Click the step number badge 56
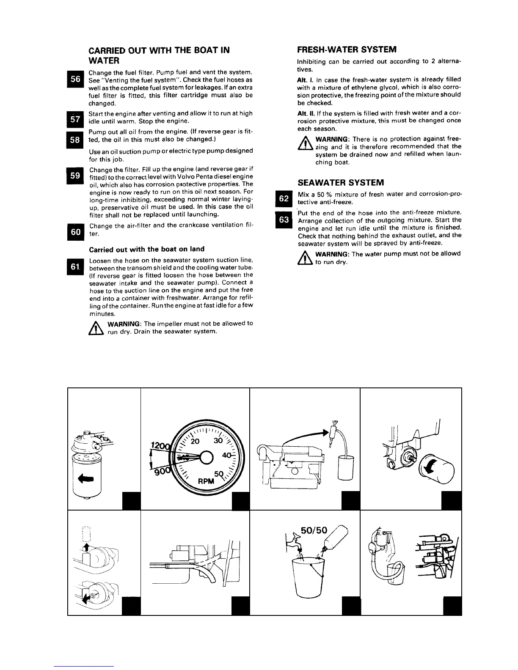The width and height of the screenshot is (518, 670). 75,80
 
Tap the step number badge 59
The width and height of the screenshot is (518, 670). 75,176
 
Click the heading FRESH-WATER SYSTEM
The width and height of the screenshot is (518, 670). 347,49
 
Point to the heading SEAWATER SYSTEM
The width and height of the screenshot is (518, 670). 341,183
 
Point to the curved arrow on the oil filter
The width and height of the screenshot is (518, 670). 431,467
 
